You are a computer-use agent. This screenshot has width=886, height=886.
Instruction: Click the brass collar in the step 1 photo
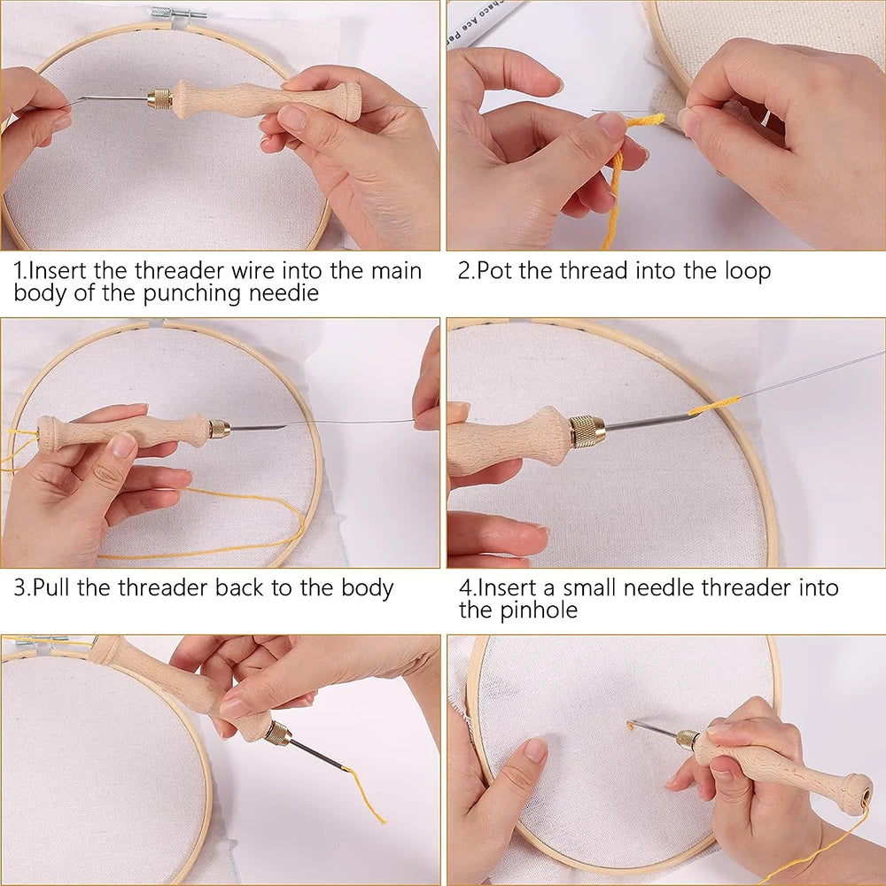click(x=159, y=97)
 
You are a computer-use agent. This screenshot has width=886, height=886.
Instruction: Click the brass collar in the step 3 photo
click(x=219, y=429)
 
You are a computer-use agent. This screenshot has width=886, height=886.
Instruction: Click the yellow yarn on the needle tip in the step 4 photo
click(x=714, y=406)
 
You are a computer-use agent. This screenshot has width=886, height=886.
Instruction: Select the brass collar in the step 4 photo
click(x=587, y=431)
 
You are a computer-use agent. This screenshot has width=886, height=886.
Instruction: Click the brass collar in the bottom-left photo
click(x=277, y=733)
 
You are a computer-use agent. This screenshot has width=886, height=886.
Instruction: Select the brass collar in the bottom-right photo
click(x=686, y=739)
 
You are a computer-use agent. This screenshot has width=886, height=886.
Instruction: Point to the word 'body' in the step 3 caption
click(x=364, y=589)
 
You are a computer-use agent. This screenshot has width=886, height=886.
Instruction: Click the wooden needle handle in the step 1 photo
click(x=266, y=98)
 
